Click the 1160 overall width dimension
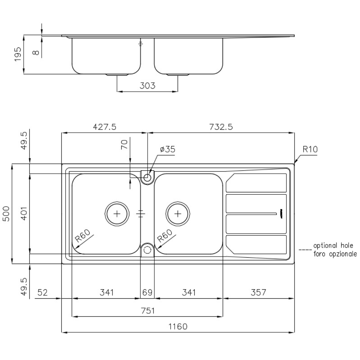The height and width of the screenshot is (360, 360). [178, 326]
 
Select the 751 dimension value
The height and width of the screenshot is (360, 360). [148, 311]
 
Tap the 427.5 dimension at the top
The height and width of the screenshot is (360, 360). [104, 127]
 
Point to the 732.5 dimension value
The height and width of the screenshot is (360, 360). [221, 127]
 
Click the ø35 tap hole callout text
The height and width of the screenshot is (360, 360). [168, 149]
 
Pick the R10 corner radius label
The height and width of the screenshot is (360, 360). [310, 149]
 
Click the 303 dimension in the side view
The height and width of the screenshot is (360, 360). [147, 86]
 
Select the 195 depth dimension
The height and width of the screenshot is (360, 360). [18, 54]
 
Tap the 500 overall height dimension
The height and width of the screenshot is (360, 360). [6, 214]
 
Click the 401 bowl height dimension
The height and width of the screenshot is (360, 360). [24, 214]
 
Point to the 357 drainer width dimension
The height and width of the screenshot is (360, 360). [258, 292]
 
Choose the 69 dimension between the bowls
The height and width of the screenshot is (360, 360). [147, 292]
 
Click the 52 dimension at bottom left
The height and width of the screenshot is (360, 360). [42, 292]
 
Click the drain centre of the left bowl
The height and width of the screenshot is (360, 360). [117, 214]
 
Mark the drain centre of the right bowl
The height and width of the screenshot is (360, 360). [178, 214]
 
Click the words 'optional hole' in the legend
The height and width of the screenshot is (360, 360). [333, 245]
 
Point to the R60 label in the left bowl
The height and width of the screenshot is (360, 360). [83, 236]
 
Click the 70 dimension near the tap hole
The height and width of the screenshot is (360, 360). [124, 145]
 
